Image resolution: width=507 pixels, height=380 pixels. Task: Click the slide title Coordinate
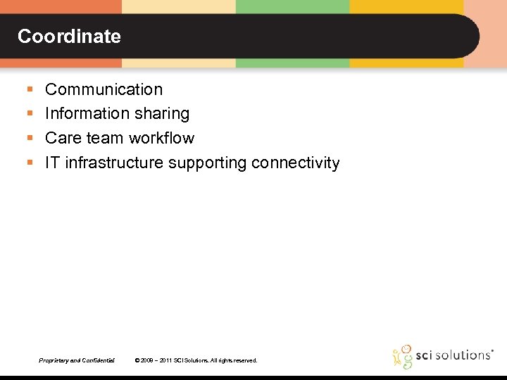click(69, 37)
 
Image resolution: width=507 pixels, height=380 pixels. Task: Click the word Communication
click(104, 89)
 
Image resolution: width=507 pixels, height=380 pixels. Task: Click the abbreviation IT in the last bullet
click(53, 163)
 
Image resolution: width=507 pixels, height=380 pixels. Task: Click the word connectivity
click(296, 163)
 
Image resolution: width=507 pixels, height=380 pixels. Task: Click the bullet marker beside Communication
click(29, 90)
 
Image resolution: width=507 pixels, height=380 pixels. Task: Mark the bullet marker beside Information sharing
click(29, 114)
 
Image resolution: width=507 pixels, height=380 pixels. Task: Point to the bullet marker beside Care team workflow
click(29, 139)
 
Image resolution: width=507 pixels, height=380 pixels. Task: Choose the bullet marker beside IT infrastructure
click(29, 163)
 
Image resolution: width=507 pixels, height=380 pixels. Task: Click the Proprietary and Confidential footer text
click(77, 360)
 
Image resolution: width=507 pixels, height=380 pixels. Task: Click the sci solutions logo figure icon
click(403, 356)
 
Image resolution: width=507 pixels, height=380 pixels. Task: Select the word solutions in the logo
click(461, 355)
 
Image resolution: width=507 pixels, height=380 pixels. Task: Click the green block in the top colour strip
click(292, 6)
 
